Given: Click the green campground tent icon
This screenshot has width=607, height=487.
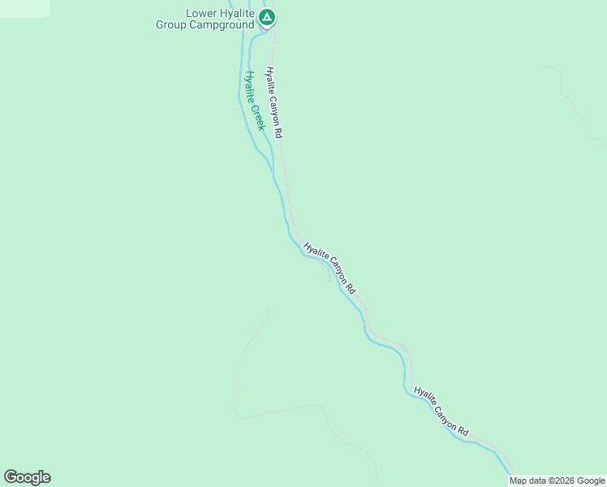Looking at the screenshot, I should click(268, 17).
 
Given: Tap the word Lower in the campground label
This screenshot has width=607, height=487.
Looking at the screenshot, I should click(201, 14).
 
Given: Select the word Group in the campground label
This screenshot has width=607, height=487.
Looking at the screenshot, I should click(172, 25).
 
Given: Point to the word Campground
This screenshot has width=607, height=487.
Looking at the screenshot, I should click(222, 25).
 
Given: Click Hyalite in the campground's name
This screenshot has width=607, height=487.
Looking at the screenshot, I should click(238, 14).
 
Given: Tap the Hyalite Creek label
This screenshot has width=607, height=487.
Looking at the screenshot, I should click(255, 101).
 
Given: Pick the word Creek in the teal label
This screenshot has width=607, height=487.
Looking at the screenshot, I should click(259, 116).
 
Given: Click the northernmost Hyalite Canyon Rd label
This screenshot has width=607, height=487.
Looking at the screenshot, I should click(274, 101).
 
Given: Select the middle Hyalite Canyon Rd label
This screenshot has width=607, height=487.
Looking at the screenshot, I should click(329, 267).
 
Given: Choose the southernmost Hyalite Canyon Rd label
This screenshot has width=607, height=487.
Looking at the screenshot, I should click(441, 410).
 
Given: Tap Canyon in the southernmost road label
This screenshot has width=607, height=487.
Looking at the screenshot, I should click(446, 412).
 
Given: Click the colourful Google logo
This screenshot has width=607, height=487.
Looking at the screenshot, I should click(27, 477).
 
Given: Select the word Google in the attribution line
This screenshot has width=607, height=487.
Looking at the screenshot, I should click(592, 481).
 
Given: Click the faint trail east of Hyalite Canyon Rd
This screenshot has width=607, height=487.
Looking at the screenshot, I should click(571, 106).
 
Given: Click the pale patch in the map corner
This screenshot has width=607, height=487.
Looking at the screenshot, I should click(24, 8).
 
